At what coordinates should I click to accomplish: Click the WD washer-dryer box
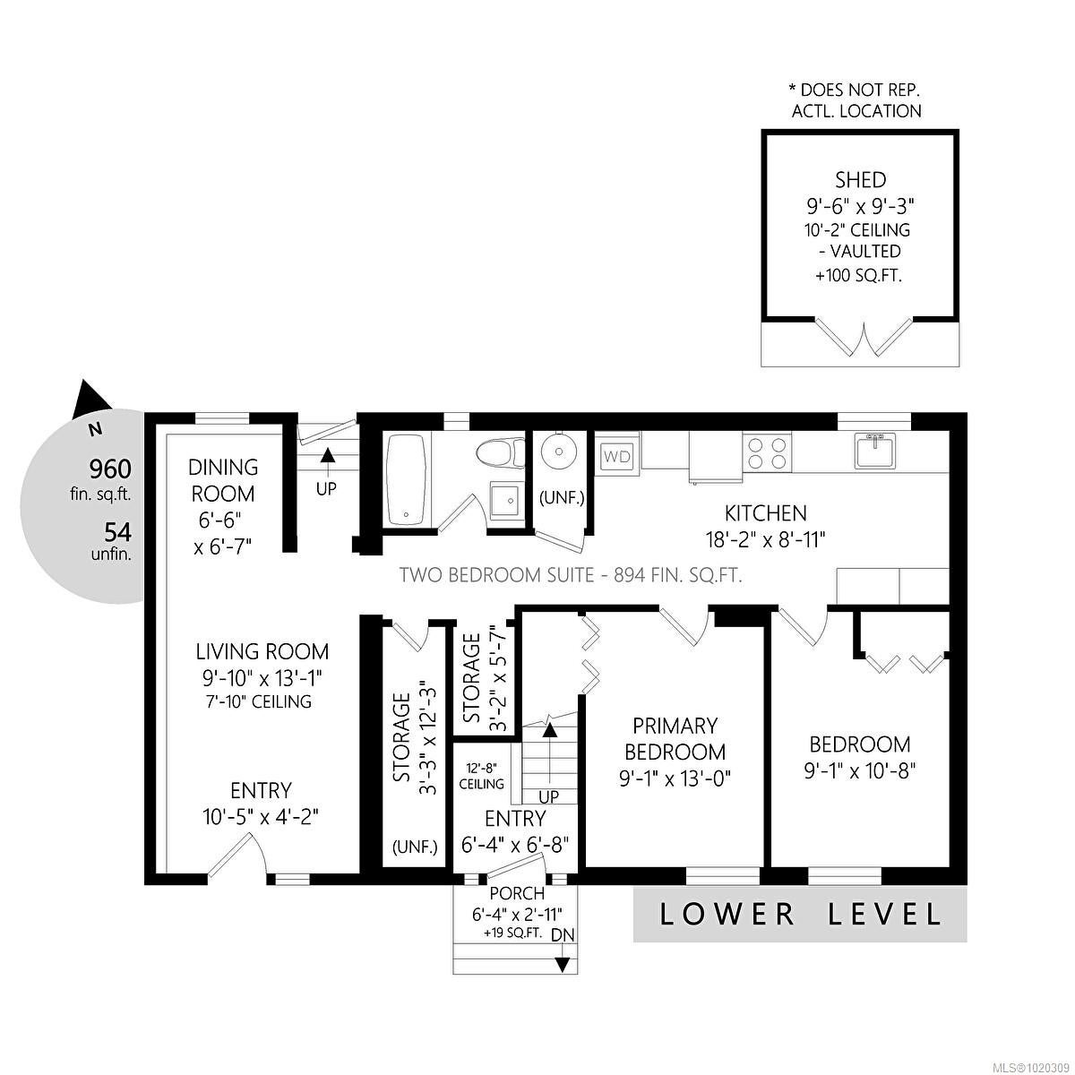click(x=617, y=456)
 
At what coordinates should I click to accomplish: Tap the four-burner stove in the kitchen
click(x=766, y=452)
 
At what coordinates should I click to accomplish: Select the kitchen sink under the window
click(x=874, y=450)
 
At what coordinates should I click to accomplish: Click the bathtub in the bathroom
click(x=408, y=479)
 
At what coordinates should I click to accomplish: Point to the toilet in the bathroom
click(x=501, y=453)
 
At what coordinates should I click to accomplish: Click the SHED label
click(x=860, y=180)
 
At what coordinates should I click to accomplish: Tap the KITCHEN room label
click(x=765, y=512)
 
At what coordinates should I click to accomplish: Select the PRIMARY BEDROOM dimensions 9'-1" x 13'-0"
click(x=675, y=778)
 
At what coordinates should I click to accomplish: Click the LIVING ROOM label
click(x=262, y=651)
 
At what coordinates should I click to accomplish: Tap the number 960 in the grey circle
click(x=110, y=469)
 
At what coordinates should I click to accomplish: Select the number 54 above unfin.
click(x=117, y=533)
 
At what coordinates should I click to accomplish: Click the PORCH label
click(x=517, y=893)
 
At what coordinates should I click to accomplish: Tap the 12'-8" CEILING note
click(x=481, y=776)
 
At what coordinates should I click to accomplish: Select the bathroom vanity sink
click(x=505, y=499)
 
